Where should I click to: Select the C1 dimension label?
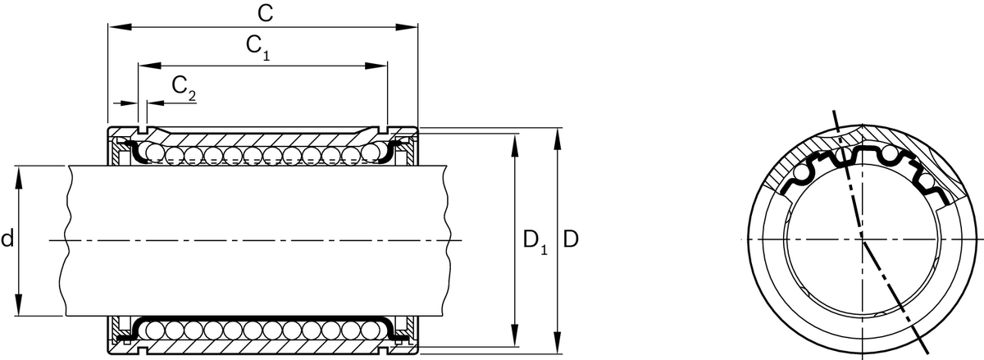[257, 48]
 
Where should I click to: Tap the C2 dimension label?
[184, 87]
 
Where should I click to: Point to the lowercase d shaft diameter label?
[7, 239]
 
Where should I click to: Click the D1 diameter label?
[534, 241]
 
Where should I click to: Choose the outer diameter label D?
[572, 240]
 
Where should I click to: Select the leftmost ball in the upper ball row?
[153, 153]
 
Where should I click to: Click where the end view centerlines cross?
[863, 239]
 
